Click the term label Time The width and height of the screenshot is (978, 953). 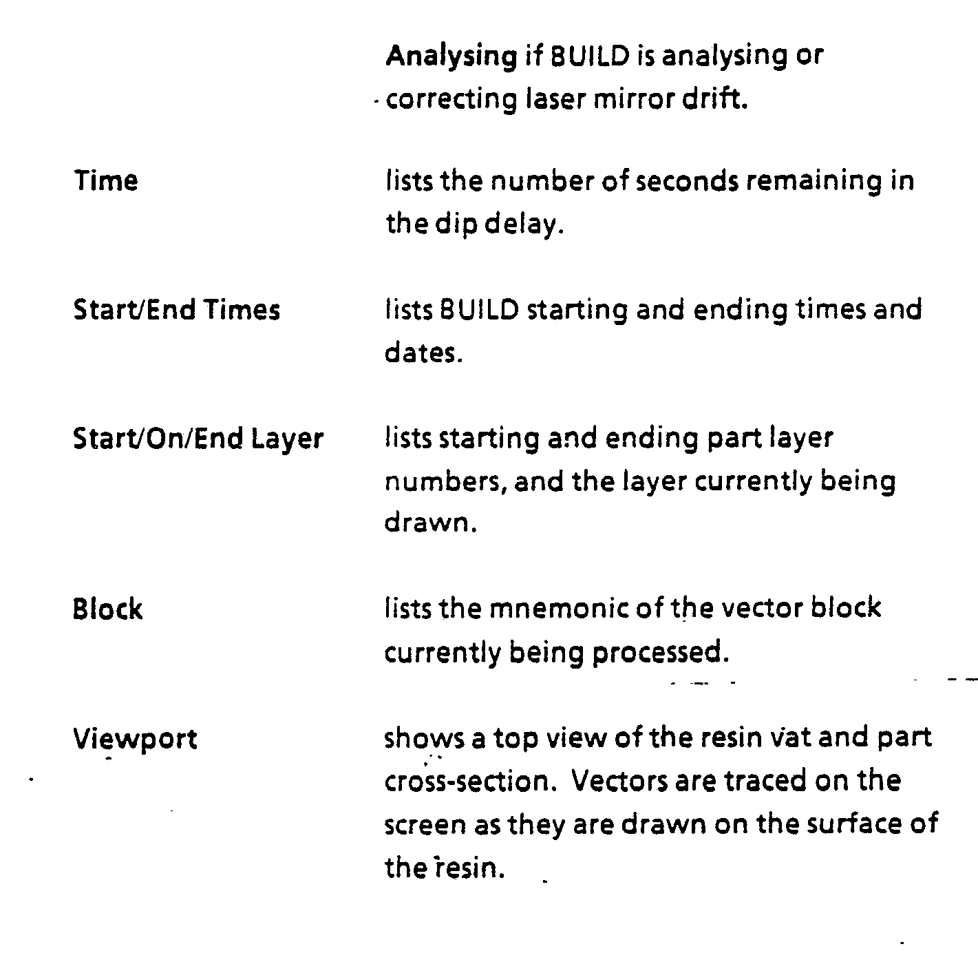tap(106, 181)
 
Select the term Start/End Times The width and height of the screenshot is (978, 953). tap(176, 310)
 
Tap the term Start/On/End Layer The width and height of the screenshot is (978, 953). tap(198, 439)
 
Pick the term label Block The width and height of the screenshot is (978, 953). tap(107, 609)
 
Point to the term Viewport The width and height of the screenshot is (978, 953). tap(135, 740)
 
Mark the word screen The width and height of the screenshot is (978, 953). tap(425, 825)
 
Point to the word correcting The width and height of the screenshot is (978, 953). tap(451, 101)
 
